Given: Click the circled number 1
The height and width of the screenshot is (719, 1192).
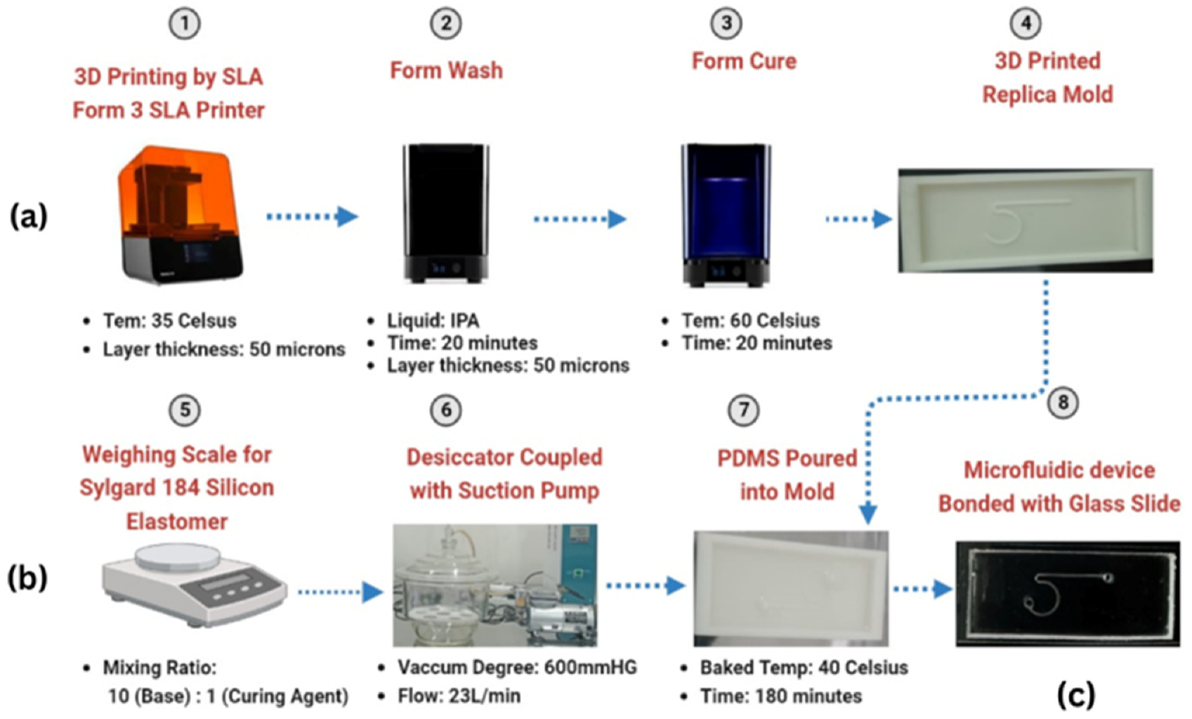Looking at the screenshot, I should point(184,24).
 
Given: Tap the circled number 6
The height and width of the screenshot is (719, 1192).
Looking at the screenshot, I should point(446,411).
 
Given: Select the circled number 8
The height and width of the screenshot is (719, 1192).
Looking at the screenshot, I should point(1063,402).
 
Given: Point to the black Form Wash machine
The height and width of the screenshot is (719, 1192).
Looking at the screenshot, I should point(446,213).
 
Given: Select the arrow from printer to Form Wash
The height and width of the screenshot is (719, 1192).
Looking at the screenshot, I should point(312,217).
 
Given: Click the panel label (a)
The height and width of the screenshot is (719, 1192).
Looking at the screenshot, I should point(29,217).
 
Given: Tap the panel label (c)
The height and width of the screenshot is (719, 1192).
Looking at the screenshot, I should point(1076,695).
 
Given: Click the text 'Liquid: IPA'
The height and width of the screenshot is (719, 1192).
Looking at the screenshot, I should point(433,321).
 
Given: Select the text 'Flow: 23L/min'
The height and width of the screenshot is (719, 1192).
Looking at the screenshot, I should point(459,696).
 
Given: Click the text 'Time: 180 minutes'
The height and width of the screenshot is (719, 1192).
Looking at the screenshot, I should point(781,696).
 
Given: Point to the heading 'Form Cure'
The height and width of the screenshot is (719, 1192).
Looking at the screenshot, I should point(744,61).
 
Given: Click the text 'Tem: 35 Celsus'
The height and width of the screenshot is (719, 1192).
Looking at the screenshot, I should point(169,321).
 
